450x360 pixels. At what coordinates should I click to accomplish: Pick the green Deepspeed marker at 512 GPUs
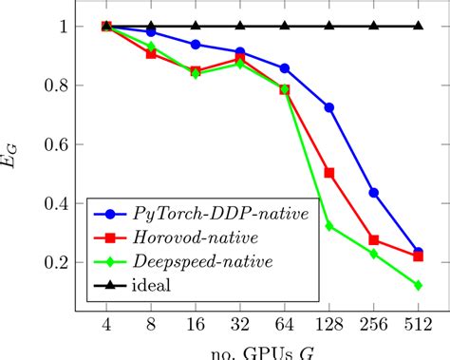419,285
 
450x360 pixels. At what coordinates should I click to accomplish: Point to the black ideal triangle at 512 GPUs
419,26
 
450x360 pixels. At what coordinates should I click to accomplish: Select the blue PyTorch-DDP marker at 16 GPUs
196,45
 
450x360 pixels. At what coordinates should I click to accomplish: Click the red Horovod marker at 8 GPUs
151,54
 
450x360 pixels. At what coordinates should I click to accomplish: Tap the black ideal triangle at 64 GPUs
285,26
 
